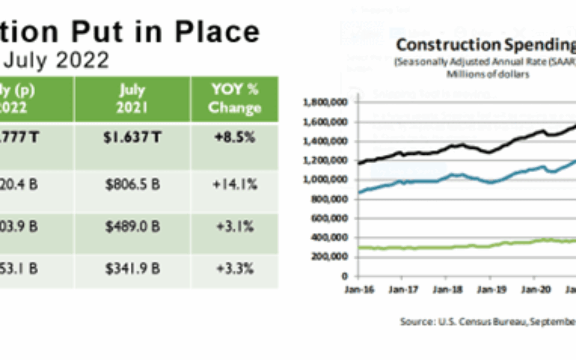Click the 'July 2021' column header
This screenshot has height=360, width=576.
tap(132, 99)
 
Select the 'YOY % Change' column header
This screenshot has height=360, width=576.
tap(234, 99)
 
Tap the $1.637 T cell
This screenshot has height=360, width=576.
tap(132, 137)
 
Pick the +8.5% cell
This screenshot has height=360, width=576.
tap(234, 137)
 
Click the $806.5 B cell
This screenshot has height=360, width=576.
tap(132, 185)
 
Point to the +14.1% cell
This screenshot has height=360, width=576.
tap(234, 185)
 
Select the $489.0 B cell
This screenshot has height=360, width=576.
tap(132, 227)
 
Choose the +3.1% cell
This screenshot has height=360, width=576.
tap(234, 227)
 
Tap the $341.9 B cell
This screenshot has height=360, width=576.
tap(132, 268)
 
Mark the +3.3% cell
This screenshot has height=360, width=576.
tap(234, 268)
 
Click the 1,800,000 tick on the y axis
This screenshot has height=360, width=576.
tap(325, 102)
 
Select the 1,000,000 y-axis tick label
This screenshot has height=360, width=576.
tap(325, 180)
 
